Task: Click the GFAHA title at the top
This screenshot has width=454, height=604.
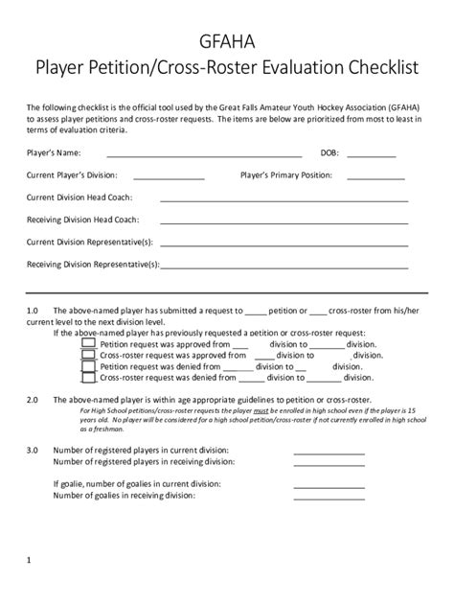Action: pyautogui.click(x=227, y=40)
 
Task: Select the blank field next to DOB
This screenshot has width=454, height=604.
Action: pyautogui.click(x=370, y=154)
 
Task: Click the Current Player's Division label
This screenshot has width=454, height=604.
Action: pyautogui.click(x=72, y=175)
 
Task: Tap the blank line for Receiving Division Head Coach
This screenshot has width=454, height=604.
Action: pyautogui.click(x=284, y=221)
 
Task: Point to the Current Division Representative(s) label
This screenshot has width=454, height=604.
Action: pyautogui.click(x=89, y=242)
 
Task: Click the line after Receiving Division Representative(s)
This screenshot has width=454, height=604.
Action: pyautogui.click(x=284, y=266)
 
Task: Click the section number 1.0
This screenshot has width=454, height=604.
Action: pyautogui.click(x=32, y=312)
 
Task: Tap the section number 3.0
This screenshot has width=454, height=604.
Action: pyautogui.click(x=32, y=450)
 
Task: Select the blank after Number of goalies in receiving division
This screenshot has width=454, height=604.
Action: pyautogui.click(x=329, y=497)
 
